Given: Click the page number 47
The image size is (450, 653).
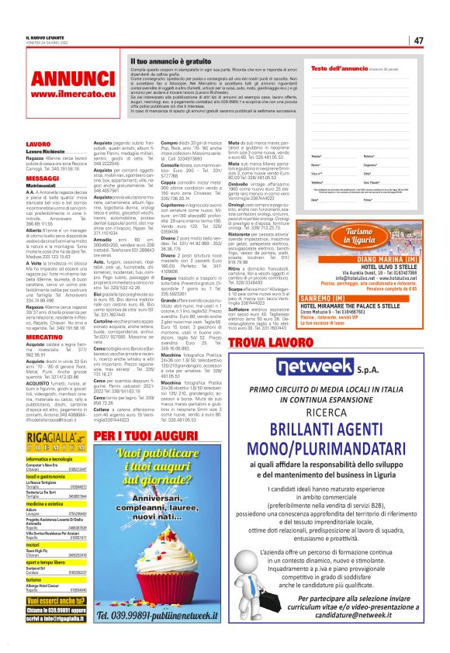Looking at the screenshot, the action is point(418,40).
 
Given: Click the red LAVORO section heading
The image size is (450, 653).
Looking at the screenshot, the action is point(40,144).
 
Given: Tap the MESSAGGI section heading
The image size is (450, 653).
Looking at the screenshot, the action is point(43,178).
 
